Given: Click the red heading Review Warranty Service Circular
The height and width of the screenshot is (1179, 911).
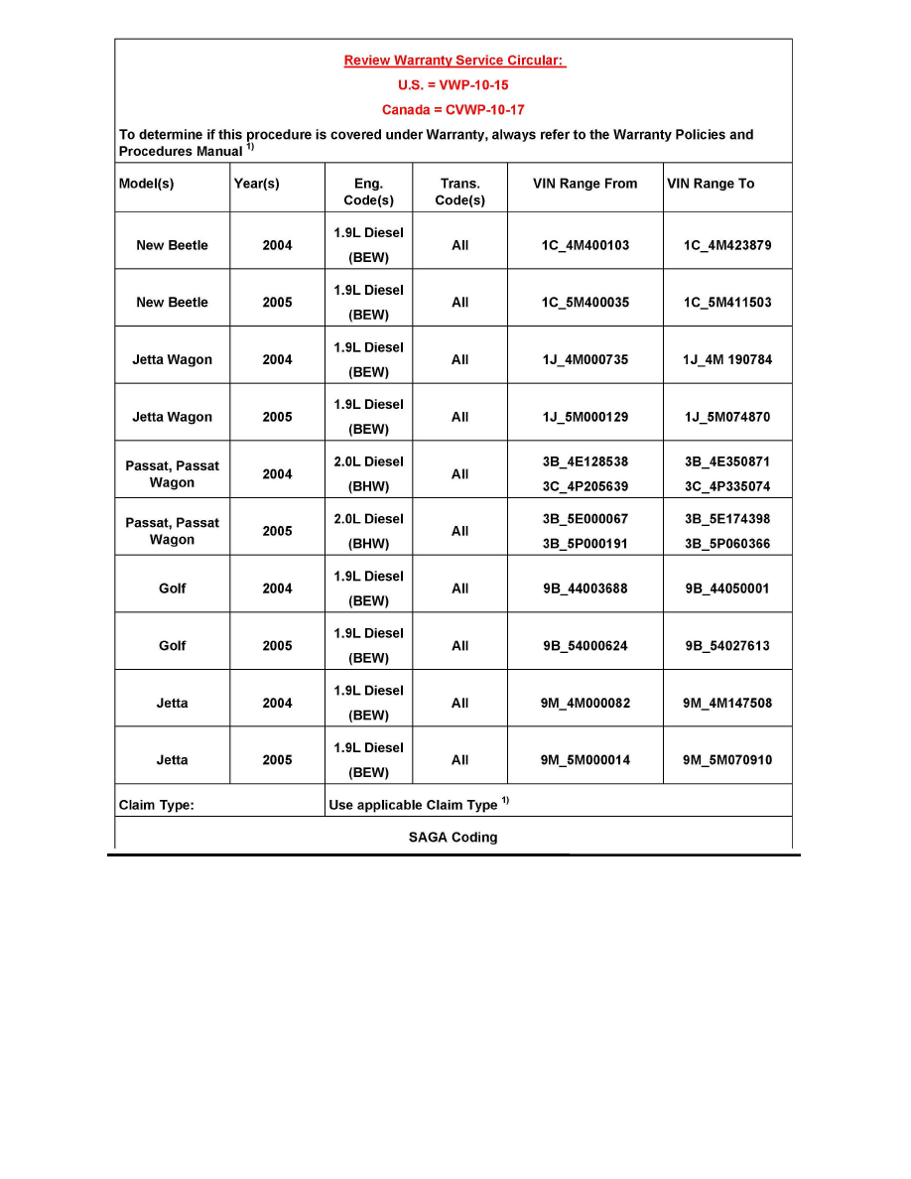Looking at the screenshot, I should (x=455, y=61).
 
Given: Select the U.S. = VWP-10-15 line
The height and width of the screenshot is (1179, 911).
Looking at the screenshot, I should (x=454, y=85).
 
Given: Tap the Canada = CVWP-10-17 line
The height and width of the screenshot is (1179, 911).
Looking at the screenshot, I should (x=454, y=110).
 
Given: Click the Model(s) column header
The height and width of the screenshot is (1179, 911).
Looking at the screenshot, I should (x=148, y=184).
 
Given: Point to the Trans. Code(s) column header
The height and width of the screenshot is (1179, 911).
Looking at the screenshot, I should (x=460, y=192).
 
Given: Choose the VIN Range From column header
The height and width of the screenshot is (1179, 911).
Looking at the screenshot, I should (x=586, y=184).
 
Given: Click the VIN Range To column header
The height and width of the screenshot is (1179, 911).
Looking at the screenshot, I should (x=711, y=184).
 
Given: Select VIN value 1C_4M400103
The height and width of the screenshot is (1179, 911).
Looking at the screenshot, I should (x=586, y=245).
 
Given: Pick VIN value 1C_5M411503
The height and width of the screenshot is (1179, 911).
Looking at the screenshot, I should (x=727, y=303).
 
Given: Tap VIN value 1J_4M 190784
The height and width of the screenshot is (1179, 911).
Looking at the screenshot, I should (x=727, y=360).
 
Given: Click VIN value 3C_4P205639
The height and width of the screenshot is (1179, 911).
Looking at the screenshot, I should (x=586, y=487).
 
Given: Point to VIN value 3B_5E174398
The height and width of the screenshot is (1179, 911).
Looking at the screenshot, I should (x=727, y=519).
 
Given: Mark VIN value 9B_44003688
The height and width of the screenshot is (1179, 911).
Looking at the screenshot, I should (x=586, y=589).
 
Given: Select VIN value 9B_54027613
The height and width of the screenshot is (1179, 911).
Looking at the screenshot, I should (x=727, y=646).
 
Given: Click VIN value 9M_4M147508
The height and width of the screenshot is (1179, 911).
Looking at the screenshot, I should (x=727, y=704).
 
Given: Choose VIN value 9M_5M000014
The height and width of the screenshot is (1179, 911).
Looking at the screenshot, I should (x=586, y=761).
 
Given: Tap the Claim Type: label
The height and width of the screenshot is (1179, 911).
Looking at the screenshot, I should (x=157, y=805).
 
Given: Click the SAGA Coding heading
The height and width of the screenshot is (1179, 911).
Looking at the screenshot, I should (x=454, y=837).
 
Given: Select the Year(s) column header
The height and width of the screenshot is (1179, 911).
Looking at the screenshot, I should (x=256, y=184).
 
